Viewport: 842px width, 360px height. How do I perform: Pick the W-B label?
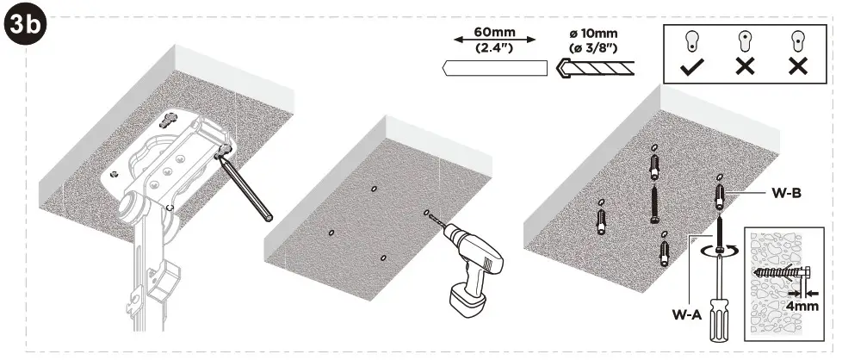[x=786, y=195]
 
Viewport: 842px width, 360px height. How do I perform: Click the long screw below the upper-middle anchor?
[x=655, y=205]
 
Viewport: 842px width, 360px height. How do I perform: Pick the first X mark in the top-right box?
[x=743, y=66]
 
